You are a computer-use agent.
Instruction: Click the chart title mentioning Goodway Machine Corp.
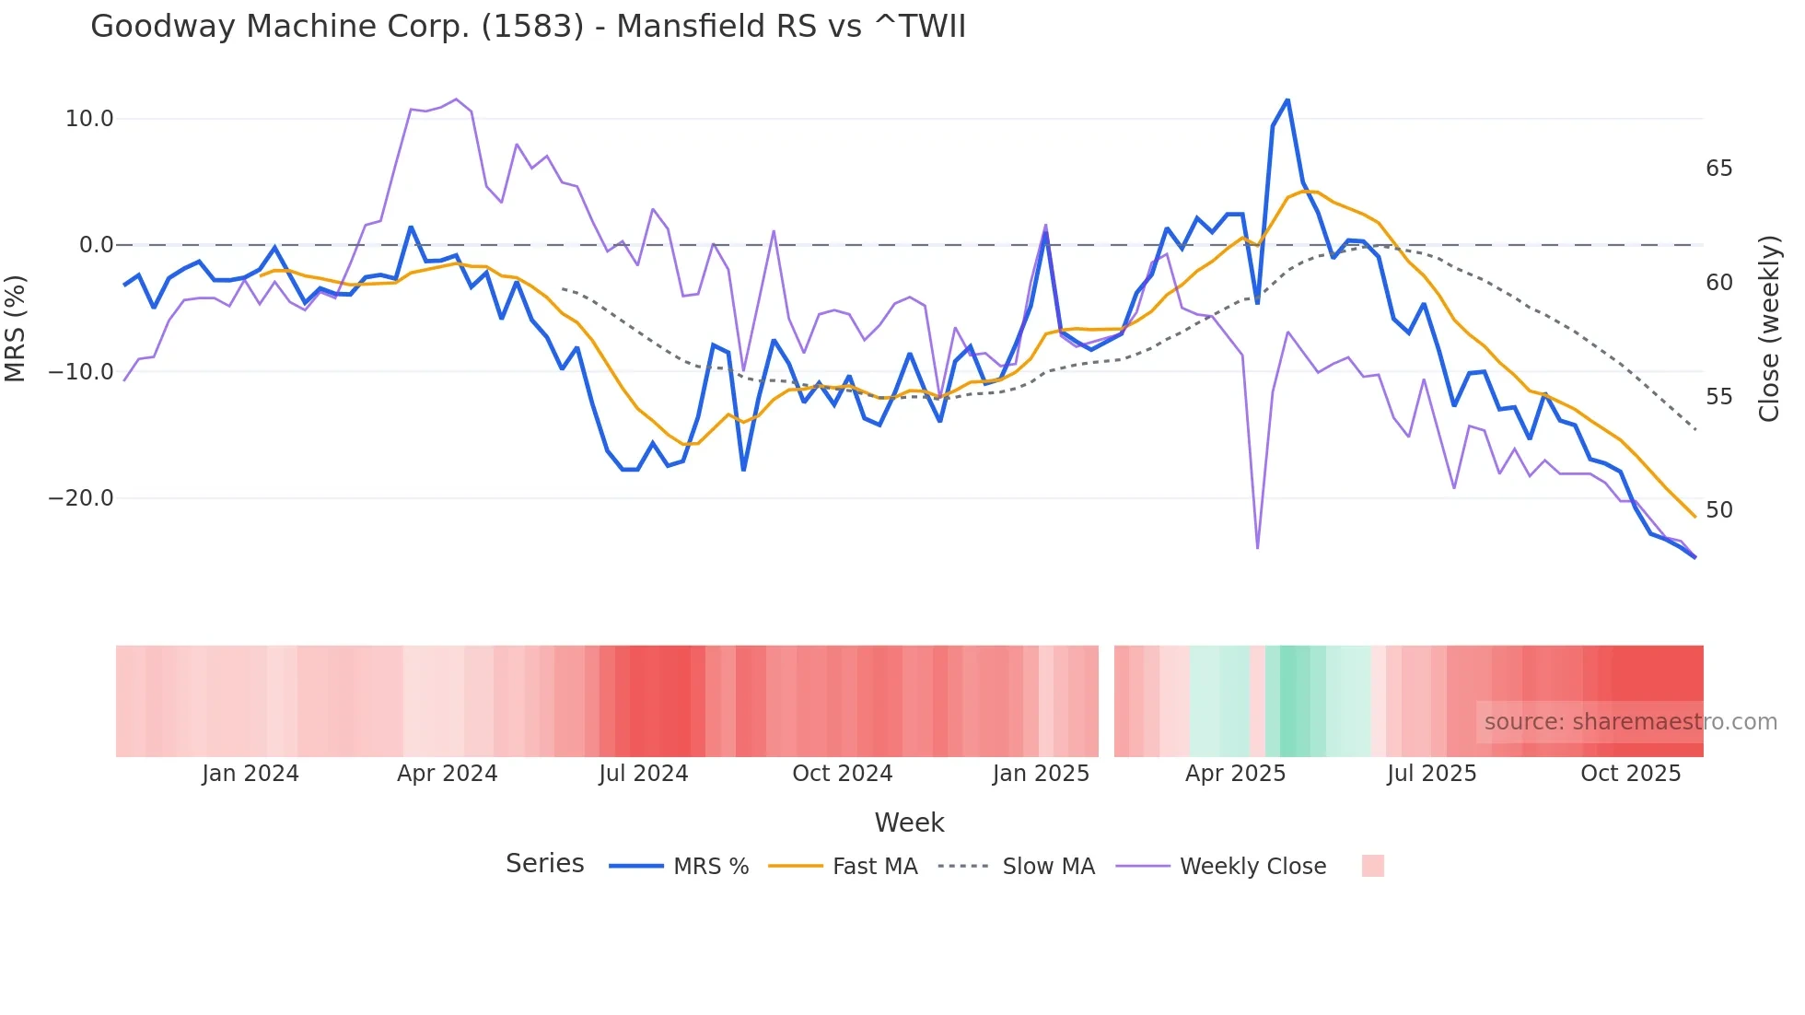point(528,27)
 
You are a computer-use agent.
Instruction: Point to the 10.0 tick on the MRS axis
point(89,119)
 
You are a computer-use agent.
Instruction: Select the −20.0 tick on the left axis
point(81,498)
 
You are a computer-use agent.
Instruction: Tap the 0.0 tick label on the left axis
point(96,245)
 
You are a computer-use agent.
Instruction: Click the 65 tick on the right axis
point(1718,169)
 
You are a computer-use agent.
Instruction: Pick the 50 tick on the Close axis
point(1718,510)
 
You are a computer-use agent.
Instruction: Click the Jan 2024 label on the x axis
point(250,774)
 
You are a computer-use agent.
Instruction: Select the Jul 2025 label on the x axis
point(1431,774)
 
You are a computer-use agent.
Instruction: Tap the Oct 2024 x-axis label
point(842,774)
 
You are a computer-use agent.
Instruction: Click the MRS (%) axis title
point(16,328)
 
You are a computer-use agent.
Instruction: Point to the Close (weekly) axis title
point(1768,329)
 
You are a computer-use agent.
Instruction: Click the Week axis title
point(909,822)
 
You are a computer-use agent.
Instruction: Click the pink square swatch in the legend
point(1372,866)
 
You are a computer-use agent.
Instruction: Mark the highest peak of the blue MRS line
point(1287,99)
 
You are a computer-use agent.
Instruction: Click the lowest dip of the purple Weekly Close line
point(1257,548)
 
